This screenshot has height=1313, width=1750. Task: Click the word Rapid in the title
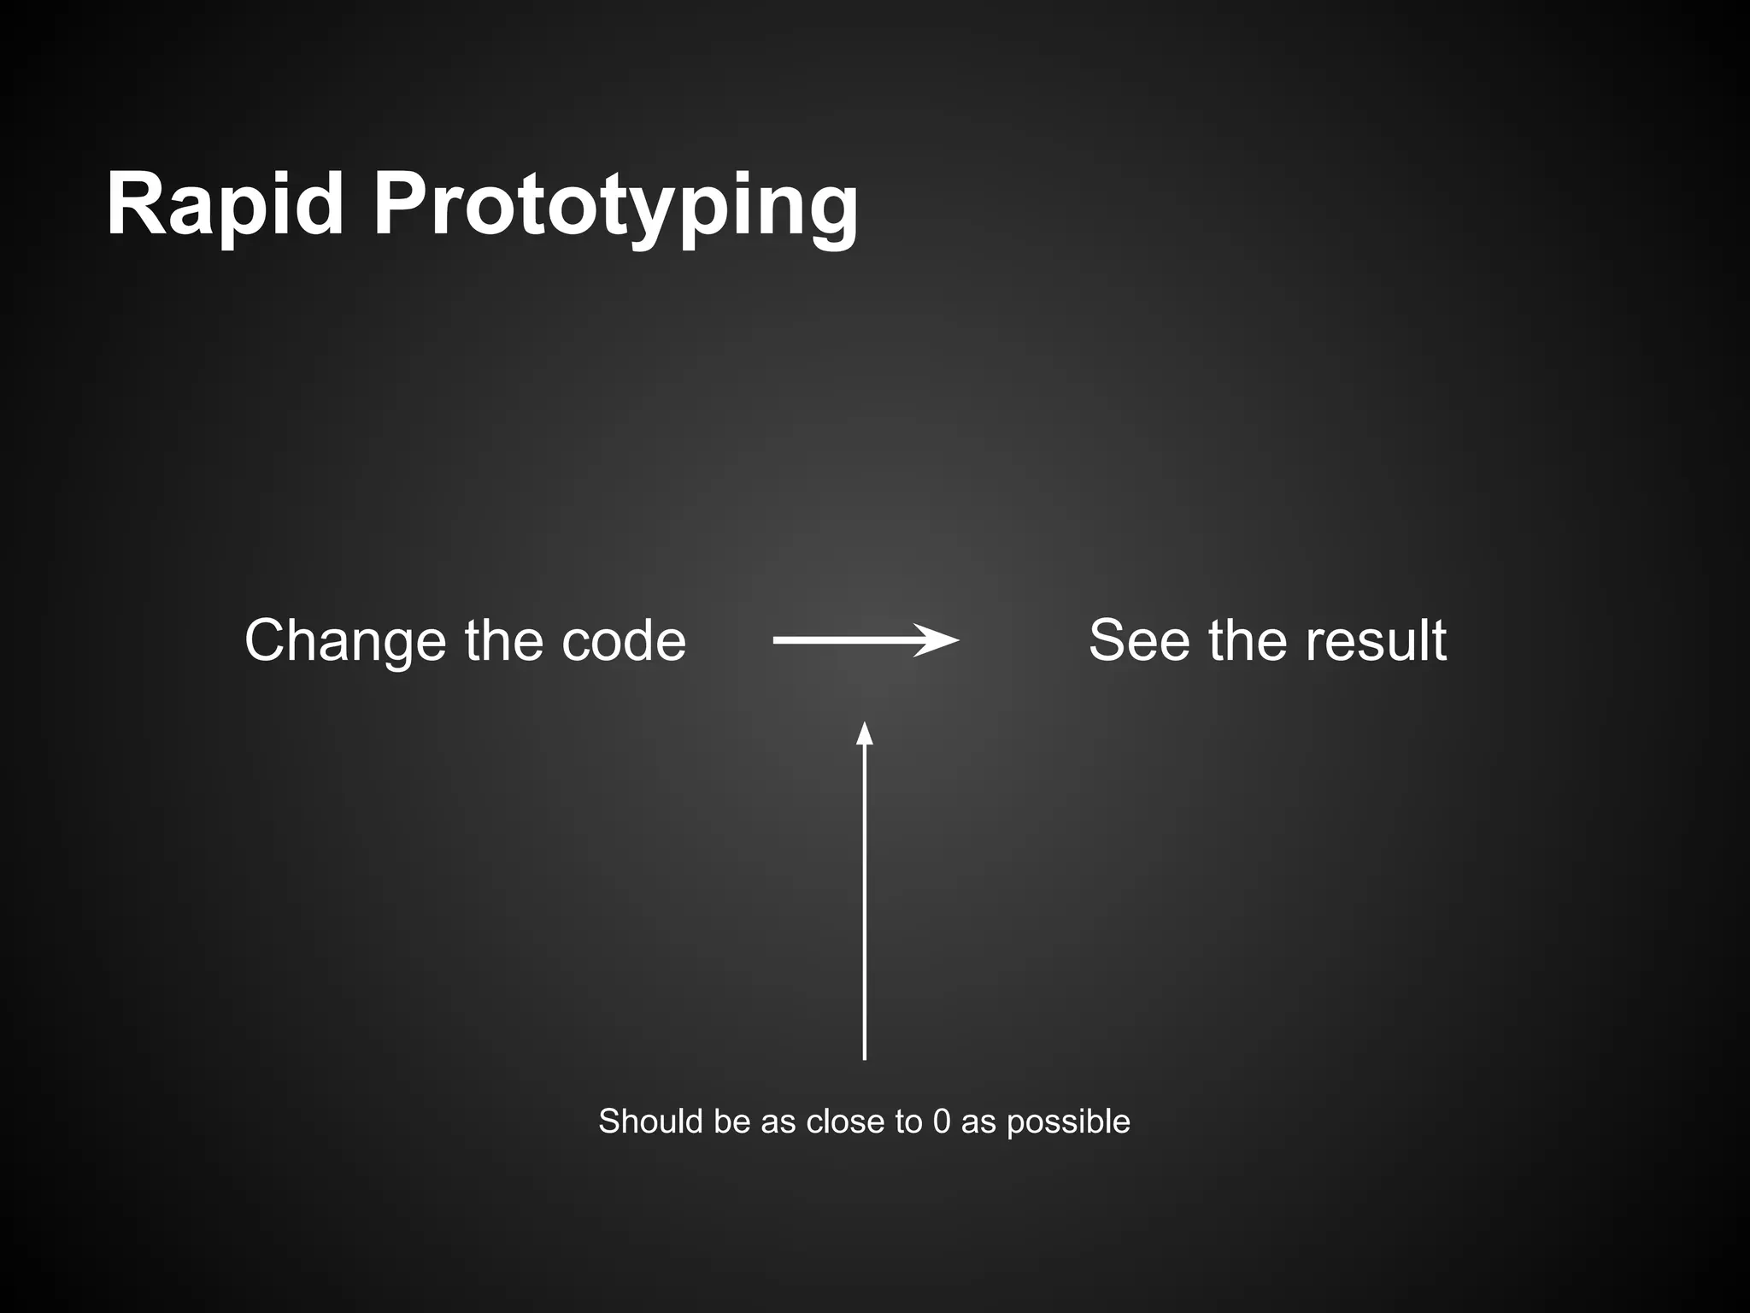(225, 205)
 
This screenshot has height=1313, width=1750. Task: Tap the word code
(624, 640)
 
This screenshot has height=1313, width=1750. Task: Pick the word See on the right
(1139, 640)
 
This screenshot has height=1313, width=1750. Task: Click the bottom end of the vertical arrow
(865, 1057)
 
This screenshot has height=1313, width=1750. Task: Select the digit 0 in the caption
(942, 1122)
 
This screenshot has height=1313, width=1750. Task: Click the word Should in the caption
(650, 1122)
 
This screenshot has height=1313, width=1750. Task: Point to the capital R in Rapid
(135, 205)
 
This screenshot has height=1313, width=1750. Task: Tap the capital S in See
(1108, 640)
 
